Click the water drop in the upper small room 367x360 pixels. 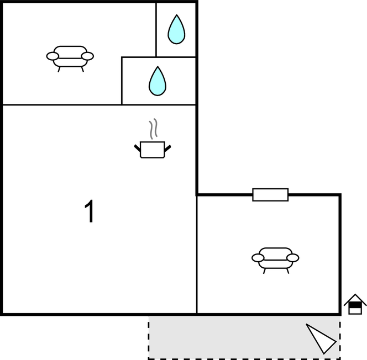[176, 30]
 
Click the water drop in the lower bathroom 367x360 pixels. [158, 81]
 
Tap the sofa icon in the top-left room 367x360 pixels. [70, 59]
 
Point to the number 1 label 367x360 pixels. [90, 211]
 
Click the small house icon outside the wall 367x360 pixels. [355, 304]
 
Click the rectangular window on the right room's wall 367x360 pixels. [270, 195]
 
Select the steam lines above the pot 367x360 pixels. [153, 129]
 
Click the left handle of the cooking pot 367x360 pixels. [138, 148]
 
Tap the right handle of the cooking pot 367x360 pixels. [167, 149]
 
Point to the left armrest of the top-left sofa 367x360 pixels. [53, 56]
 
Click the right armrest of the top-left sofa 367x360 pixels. [87, 56]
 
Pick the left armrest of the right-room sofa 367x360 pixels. [258, 258]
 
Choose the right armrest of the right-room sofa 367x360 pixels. [293, 258]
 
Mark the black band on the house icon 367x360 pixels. [355, 305]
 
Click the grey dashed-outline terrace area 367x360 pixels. [244, 337]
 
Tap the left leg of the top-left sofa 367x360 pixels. [59, 70]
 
